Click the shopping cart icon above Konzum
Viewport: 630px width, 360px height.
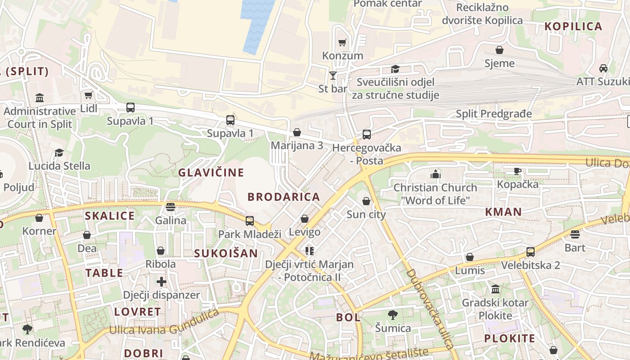[x=342, y=42]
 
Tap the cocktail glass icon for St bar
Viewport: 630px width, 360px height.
[x=333, y=75]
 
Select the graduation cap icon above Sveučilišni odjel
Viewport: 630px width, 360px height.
[x=395, y=69]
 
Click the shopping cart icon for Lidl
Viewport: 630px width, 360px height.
[x=89, y=95]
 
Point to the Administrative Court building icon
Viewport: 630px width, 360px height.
[x=40, y=98]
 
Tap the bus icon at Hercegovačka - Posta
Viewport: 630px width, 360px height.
[x=367, y=134]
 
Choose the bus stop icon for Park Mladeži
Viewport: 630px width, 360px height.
[x=250, y=220]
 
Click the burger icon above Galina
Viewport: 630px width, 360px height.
[x=170, y=207]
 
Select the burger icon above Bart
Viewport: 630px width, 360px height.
[x=575, y=234]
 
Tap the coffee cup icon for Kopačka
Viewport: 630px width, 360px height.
[x=517, y=171]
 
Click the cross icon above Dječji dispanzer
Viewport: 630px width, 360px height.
[x=162, y=282]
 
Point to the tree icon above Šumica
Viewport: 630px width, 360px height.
[x=393, y=315]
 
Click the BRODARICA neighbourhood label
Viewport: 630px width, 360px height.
[x=283, y=197]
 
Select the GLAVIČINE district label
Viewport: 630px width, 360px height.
[x=211, y=172]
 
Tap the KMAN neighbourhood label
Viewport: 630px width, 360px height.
[x=503, y=212]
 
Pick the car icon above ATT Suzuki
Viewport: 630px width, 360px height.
[x=603, y=68]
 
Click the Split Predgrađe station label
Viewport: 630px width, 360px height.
[x=494, y=114]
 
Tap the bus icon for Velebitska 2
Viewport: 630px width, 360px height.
[x=531, y=252]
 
